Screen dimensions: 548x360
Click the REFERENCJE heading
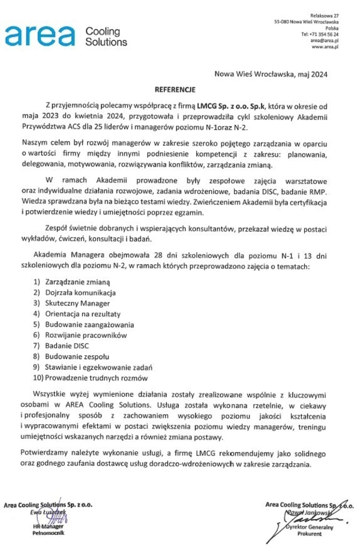click(176, 89)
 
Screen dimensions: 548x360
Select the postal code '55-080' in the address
click(282, 21)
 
